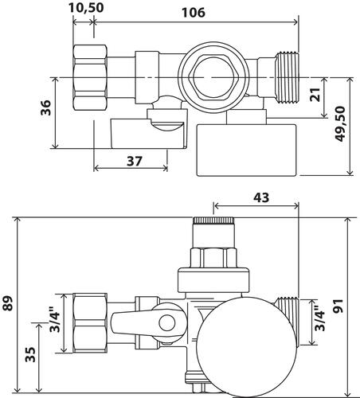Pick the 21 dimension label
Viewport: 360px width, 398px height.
338,96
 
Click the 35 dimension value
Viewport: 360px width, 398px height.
30,355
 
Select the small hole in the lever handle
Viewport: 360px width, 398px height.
167,324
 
